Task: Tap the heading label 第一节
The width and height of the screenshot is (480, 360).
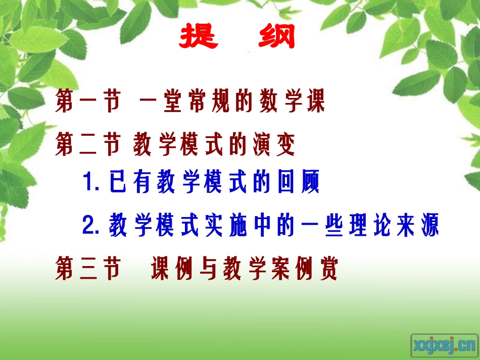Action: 88,101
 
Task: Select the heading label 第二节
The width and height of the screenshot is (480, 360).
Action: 88,144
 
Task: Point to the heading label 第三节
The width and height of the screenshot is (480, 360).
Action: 88,269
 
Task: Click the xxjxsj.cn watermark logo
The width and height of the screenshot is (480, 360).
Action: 444,345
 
